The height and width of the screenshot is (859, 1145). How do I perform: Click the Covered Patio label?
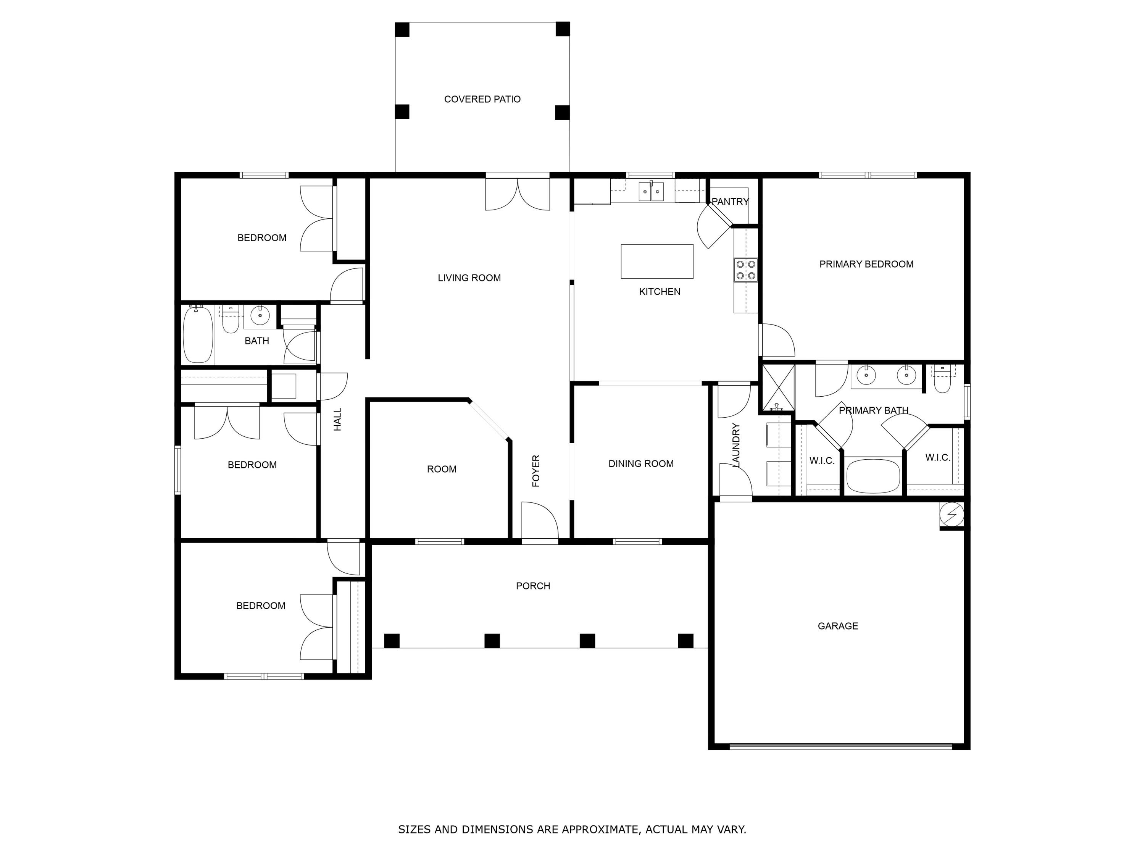(482, 99)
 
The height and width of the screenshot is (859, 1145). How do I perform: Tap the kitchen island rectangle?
(656, 261)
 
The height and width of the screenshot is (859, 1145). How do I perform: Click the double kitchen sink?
(651, 192)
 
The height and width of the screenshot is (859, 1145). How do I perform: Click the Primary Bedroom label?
(866, 264)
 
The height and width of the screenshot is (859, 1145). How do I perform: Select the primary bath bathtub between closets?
(873, 475)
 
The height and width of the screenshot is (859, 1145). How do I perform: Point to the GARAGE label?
(837, 626)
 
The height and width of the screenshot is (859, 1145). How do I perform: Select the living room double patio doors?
(517, 194)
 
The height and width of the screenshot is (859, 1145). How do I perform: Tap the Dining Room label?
(641, 463)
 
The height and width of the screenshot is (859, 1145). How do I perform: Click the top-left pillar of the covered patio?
(402, 29)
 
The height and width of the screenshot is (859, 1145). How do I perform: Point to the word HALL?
(337, 420)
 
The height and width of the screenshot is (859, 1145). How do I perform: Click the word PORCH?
(533, 586)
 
